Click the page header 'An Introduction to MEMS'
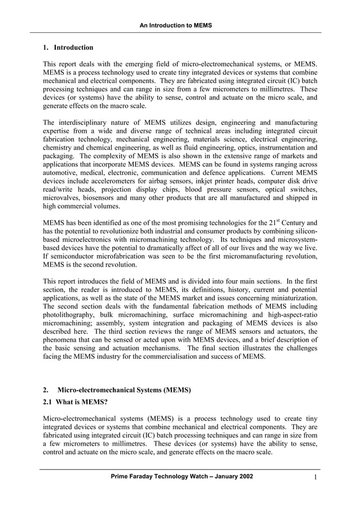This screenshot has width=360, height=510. click(x=180, y=25)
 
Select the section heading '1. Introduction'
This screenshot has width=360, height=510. click(x=68, y=47)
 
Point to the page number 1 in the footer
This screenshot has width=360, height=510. click(x=317, y=478)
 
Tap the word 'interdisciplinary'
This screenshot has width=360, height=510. click(x=84, y=123)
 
